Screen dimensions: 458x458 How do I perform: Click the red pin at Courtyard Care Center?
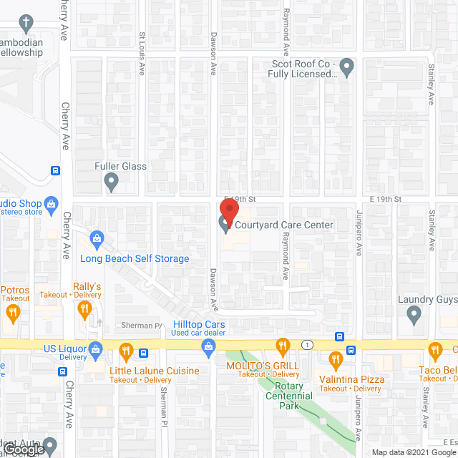(x=228, y=211)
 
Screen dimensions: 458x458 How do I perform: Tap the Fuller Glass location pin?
(x=111, y=183)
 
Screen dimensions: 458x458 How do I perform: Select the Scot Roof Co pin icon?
(x=347, y=68)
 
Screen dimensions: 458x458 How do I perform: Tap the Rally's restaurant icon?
(x=85, y=308)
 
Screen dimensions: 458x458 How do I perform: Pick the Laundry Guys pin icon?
(x=414, y=313)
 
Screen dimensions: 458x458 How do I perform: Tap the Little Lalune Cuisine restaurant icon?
(x=126, y=351)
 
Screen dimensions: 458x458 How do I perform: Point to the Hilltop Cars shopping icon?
(x=208, y=348)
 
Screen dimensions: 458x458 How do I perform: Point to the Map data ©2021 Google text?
(x=413, y=452)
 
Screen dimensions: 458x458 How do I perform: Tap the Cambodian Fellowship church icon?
(x=27, y=23)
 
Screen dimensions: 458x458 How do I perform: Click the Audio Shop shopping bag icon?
(x=52, y=205)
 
